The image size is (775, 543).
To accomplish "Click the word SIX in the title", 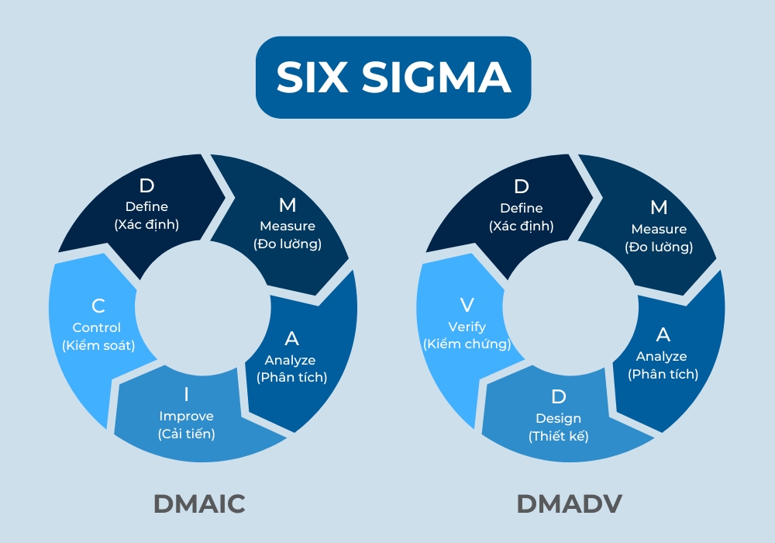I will point(315,78).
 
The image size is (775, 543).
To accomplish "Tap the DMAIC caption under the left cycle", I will point(199,503).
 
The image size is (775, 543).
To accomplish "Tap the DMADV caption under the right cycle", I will point(570,503).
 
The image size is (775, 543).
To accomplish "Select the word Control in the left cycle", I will point(97,327).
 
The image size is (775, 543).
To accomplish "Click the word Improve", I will point(186,416).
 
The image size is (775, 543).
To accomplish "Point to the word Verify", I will point(466,326).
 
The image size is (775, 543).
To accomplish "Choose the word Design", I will point(558,418).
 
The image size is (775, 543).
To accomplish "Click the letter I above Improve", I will point(186,394).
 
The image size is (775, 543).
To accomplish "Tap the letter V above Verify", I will point(467,304).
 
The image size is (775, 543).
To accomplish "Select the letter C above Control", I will point(98,306).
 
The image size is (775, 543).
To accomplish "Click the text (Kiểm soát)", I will point(98,345).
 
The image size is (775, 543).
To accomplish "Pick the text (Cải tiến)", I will point(186,434).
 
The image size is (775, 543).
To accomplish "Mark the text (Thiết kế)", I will point(558,436).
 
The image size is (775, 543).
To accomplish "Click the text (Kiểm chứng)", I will point(467,344).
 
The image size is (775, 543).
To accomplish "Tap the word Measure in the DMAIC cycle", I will point(288,226).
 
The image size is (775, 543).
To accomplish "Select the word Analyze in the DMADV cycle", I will point(661,356).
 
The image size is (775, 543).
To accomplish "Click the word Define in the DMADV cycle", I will point(521,208).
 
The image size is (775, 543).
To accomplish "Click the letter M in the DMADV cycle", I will point(659,207).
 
